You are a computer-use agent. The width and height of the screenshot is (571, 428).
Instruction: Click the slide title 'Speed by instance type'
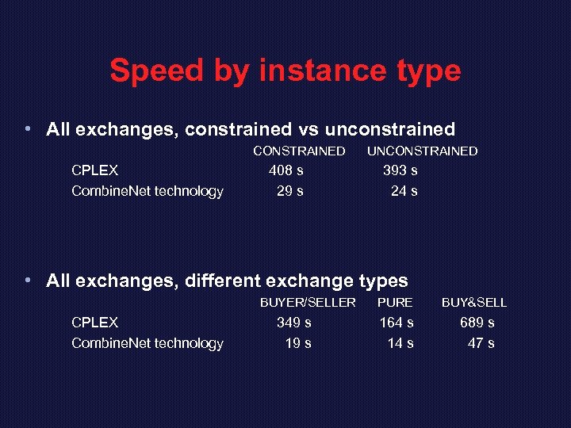pos(285,71)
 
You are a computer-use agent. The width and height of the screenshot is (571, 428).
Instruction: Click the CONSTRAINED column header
pos(299,151)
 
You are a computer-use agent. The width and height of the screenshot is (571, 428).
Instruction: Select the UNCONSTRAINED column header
pos(422,151)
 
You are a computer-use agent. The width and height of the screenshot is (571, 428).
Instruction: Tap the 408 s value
pos(286,170)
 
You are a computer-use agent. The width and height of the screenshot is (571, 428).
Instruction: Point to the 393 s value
pos(400,170)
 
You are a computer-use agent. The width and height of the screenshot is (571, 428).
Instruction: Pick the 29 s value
pos(289,190)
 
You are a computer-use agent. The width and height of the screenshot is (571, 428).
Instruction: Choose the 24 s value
pos(404,190)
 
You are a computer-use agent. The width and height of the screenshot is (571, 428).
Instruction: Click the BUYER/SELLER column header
pos(308,302)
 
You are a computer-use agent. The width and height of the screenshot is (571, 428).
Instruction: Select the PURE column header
pos(395,302)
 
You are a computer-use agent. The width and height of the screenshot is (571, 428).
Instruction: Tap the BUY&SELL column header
pos(474,302)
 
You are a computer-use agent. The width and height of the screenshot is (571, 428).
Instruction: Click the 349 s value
pos(293,322)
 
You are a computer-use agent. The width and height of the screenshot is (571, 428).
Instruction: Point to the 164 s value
pos(397,322)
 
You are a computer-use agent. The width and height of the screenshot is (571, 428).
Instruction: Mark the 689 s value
pos(477,322)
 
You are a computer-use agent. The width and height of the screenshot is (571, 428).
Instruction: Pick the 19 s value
pos(297,342)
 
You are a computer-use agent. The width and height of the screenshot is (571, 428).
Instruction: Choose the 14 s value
pos(400,342)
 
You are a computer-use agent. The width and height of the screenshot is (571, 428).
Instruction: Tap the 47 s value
pos(481,342)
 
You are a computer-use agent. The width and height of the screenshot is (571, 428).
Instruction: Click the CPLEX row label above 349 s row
pos(94,322)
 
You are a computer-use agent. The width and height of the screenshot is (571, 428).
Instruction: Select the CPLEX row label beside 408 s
pos(94,170)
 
